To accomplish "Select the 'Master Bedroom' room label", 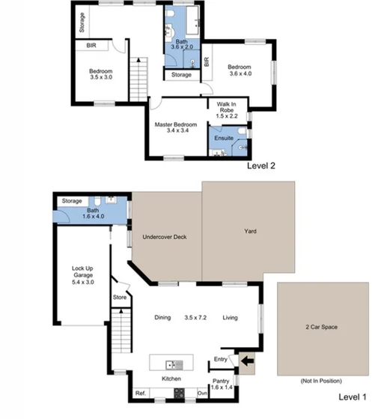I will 176,124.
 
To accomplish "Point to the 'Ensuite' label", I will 224,139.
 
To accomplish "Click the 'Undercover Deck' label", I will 164,238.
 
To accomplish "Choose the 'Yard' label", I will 250,232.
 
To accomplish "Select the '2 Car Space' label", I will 323,328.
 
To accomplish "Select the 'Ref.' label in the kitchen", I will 139,393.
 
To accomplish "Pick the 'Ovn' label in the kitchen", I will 201,393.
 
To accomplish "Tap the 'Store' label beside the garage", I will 121,297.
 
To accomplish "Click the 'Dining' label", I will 162,318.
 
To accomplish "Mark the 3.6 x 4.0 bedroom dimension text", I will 241,74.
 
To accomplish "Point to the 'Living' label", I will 230,318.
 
